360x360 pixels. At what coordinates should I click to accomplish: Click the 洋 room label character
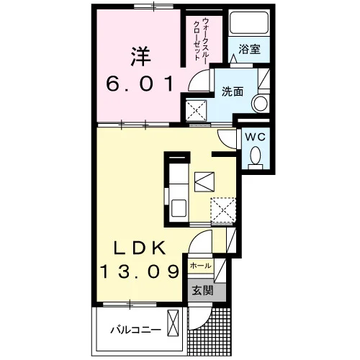tap(141, 56)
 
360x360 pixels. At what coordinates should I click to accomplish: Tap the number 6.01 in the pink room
tap(140, 84)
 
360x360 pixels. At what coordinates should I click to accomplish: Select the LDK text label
tap(140, 248)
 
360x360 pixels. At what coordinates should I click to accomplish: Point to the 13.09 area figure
tap(140, 271)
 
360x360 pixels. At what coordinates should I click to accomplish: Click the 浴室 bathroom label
tap(249, 49)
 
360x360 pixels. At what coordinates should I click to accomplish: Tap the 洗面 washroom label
tap(233, 91)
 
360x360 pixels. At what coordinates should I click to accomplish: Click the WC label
tap(256, 137)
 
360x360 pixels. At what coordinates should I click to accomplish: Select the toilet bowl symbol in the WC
tap(256, 157)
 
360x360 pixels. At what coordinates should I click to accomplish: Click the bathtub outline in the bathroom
tap(248, 23)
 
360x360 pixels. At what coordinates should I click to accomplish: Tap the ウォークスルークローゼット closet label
tap(201, 40)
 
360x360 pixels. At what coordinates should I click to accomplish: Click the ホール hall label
tap(200, 266)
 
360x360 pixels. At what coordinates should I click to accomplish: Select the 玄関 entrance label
tap(202, 291)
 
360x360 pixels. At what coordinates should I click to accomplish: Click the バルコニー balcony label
tap(135, 330)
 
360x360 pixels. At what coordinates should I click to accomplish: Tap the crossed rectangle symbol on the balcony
tap(173, 323)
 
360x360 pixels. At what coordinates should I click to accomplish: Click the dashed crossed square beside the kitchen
tap(223, 210)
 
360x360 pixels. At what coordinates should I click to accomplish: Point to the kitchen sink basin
tap(179, 208)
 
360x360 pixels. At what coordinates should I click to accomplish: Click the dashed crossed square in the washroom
tap(197, 110)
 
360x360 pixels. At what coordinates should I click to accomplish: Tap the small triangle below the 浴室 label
tap(233, 59)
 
